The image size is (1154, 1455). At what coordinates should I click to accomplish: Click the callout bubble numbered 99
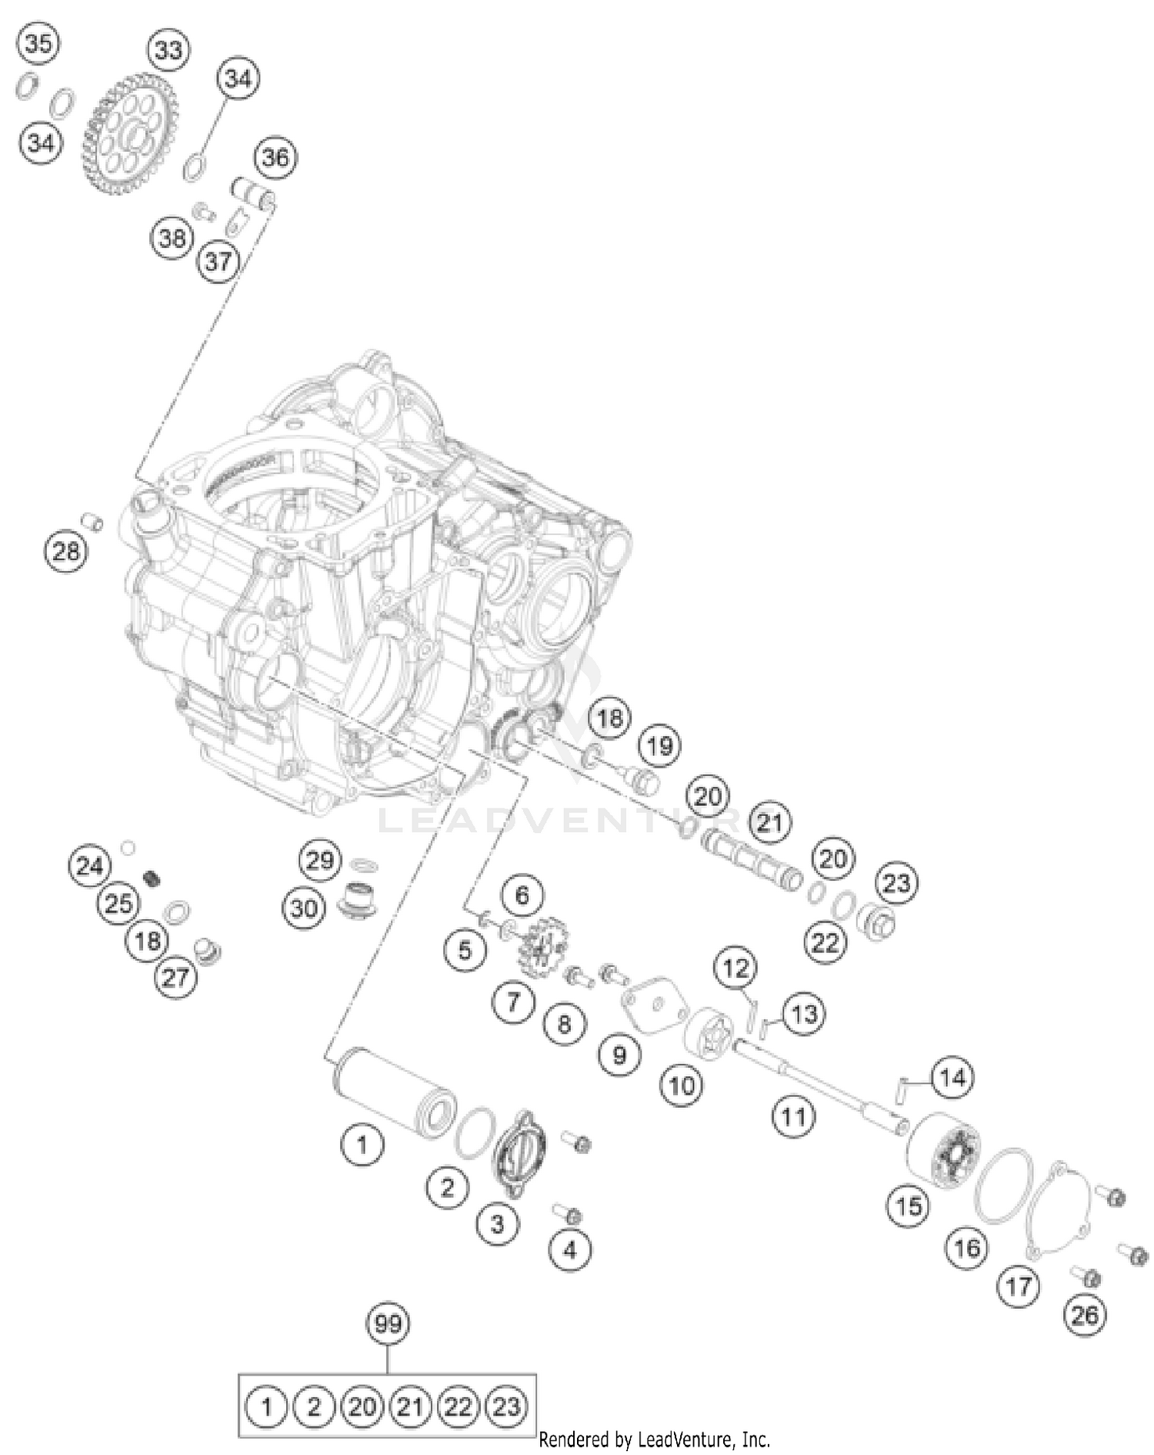[x=388, y=1324]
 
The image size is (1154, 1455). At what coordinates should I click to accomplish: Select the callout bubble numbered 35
[x=38, y=43]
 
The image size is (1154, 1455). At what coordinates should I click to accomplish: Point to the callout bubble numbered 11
[x=793, y=1116]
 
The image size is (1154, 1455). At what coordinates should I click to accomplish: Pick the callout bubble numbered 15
[x=909, y=1206]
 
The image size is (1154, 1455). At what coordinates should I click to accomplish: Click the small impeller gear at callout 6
[x=540, y=946]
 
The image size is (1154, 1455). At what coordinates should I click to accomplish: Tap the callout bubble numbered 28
[x=65, y=550]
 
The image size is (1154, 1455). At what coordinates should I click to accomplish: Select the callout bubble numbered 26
[x=1085, y=1315]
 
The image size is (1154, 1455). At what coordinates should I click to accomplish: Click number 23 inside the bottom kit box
[x=506, y=1407]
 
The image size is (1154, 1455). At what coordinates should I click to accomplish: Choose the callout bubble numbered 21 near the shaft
[x=769, y=823]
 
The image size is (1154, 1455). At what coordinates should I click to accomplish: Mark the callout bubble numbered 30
[x=304, y=908]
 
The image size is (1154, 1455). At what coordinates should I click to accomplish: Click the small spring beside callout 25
[x=153, y=877]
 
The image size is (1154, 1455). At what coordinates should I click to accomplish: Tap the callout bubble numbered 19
[x=660, y=745]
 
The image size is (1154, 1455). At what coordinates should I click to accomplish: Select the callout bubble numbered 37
[x=218, y=261]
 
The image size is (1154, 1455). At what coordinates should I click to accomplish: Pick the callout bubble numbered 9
[x=620, y=1055]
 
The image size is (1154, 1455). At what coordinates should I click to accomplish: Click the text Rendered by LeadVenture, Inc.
[x=654, y=1440]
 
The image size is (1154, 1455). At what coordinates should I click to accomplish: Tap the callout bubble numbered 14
[x=952, y=1079]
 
